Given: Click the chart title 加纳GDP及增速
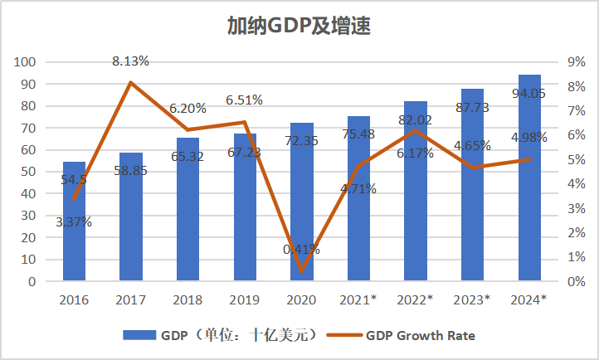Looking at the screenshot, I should tap(299, 26).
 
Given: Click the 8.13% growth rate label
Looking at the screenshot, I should tap(131, 61).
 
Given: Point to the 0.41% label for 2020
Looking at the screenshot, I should tap(301, 249).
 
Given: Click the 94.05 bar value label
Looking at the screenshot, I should tap(529, 94).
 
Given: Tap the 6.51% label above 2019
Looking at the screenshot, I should tap(244, 100).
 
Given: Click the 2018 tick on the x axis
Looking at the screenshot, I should tap(187, 299).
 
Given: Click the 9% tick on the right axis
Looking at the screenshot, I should tap(577, 62).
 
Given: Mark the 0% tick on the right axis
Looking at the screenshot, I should tap(577, 282).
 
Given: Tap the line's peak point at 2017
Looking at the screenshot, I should tap(131, 83).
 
